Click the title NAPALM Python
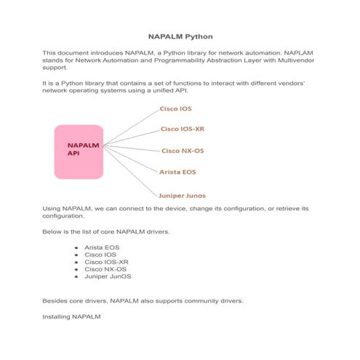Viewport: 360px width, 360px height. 180,36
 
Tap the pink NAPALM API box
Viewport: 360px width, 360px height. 79,150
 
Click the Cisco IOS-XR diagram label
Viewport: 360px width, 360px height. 182,129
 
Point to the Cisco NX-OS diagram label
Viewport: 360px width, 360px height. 182,151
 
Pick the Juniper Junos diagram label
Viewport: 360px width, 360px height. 182,196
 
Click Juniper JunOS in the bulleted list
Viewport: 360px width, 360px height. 108,277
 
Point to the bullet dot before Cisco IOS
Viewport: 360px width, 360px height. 76,255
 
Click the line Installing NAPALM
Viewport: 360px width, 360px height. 71,317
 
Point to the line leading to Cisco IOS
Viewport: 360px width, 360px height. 131,125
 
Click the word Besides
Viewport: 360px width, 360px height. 55,300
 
